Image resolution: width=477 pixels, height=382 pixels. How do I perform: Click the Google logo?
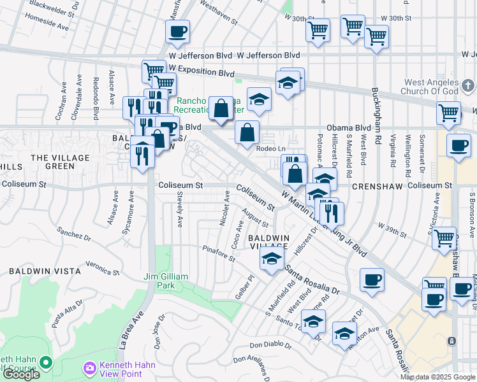21,374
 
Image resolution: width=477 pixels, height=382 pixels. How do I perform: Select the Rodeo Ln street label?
268,148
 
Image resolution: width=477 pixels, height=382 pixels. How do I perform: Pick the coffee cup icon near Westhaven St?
177,31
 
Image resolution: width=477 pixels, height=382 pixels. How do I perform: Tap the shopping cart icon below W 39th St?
444,239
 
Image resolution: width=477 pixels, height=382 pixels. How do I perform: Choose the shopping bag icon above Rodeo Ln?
247,132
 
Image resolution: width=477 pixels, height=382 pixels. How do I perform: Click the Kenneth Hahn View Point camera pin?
89,368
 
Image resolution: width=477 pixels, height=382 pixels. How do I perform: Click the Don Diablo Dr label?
270,346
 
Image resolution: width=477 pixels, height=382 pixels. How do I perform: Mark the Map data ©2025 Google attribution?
438,377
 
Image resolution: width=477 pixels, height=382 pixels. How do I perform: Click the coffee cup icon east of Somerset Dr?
459,145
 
